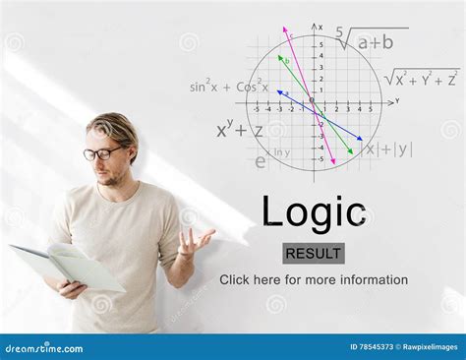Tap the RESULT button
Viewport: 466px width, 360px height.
(314, 254)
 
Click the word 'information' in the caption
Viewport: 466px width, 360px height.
(369, 280)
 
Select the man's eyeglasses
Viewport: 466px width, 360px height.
(102, 153)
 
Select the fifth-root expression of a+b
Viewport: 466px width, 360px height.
(370, 40)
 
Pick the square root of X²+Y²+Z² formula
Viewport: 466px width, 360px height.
(421, 78)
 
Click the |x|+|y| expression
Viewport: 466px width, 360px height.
(388, 150)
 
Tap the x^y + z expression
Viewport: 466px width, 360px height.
(240, 129)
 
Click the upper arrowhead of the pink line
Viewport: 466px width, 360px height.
(285, 29)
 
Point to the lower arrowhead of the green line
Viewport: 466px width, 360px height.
(351, 153)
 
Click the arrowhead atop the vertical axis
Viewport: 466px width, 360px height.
(315, 26)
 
